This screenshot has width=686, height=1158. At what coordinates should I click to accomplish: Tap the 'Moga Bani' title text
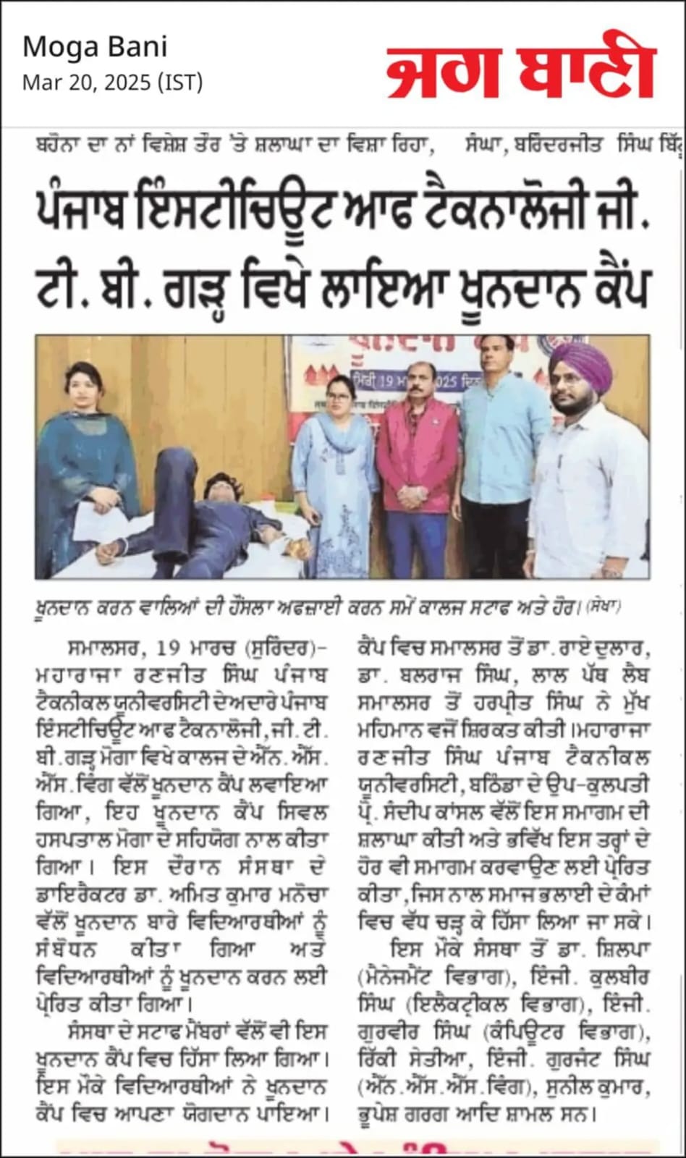click(x=95, y=47)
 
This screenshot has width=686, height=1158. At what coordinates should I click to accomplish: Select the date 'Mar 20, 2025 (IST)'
click(x=112, y=83)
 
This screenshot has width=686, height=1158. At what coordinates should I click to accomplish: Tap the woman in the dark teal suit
click(x=88, y=463)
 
